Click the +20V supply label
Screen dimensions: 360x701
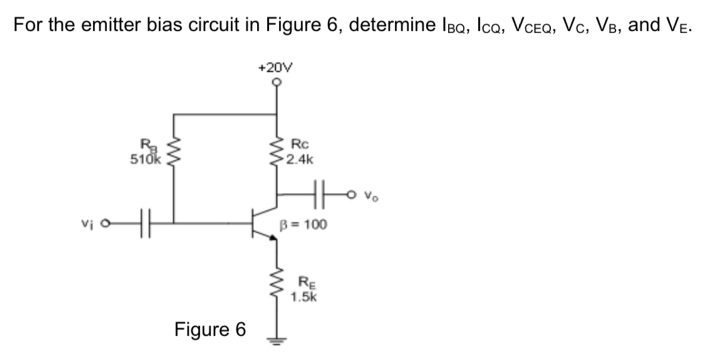(276, 67)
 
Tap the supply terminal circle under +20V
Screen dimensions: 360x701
(276, 81)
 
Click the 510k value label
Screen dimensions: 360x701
(145, 159)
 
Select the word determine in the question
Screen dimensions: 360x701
(386, 26)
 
